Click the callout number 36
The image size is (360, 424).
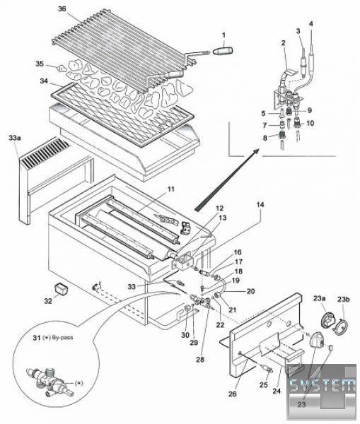click(x=62, y=9)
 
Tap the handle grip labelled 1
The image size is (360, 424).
click(x=223, y=51)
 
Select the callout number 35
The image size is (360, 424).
click(x=40, y=64)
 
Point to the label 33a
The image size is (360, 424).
click(x=15, y=138)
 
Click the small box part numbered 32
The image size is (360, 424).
click(x=61, y=288)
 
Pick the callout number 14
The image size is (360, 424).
click(x=260, y=205)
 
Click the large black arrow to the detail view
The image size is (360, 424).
click(x=227, y=179)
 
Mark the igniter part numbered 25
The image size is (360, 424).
click(x=267, y=369)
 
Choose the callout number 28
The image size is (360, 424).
click(x=200, y=360)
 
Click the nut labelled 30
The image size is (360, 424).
click(x=187, y=308)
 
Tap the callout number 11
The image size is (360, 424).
click(x=170, y=189)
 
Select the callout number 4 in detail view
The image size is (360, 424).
click(x=310, y=24)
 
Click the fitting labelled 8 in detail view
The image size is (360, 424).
click(x=281, y=135)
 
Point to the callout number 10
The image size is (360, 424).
click(x=310, y=123)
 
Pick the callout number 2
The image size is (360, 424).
click(x=283, y=42)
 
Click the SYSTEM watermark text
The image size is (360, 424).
click(x=323, y=384)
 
